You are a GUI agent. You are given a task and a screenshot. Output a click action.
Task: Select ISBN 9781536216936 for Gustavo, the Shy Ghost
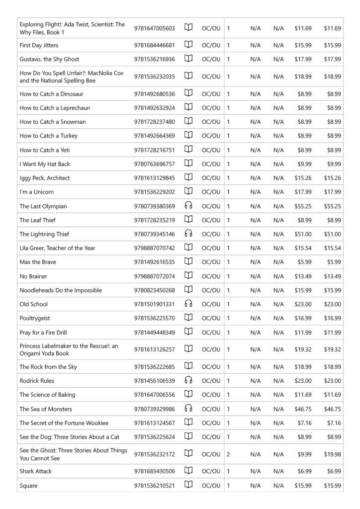tap(154, 59)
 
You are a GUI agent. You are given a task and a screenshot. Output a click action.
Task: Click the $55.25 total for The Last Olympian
tap(332, 206)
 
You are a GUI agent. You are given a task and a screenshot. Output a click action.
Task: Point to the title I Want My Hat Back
tap(44, 164)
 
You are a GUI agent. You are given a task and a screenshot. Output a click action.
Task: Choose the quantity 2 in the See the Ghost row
tap(228, 454)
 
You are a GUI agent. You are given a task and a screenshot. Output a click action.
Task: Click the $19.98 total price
tap(332, 454)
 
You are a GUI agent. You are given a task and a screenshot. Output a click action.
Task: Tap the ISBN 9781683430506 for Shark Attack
tap(154, 471)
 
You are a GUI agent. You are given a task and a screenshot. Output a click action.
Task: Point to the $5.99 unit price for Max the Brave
tap(303, 262)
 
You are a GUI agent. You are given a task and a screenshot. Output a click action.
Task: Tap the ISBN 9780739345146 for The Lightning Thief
tap(154, 234)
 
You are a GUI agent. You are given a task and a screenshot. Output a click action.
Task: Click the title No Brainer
tap(33, 276)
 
